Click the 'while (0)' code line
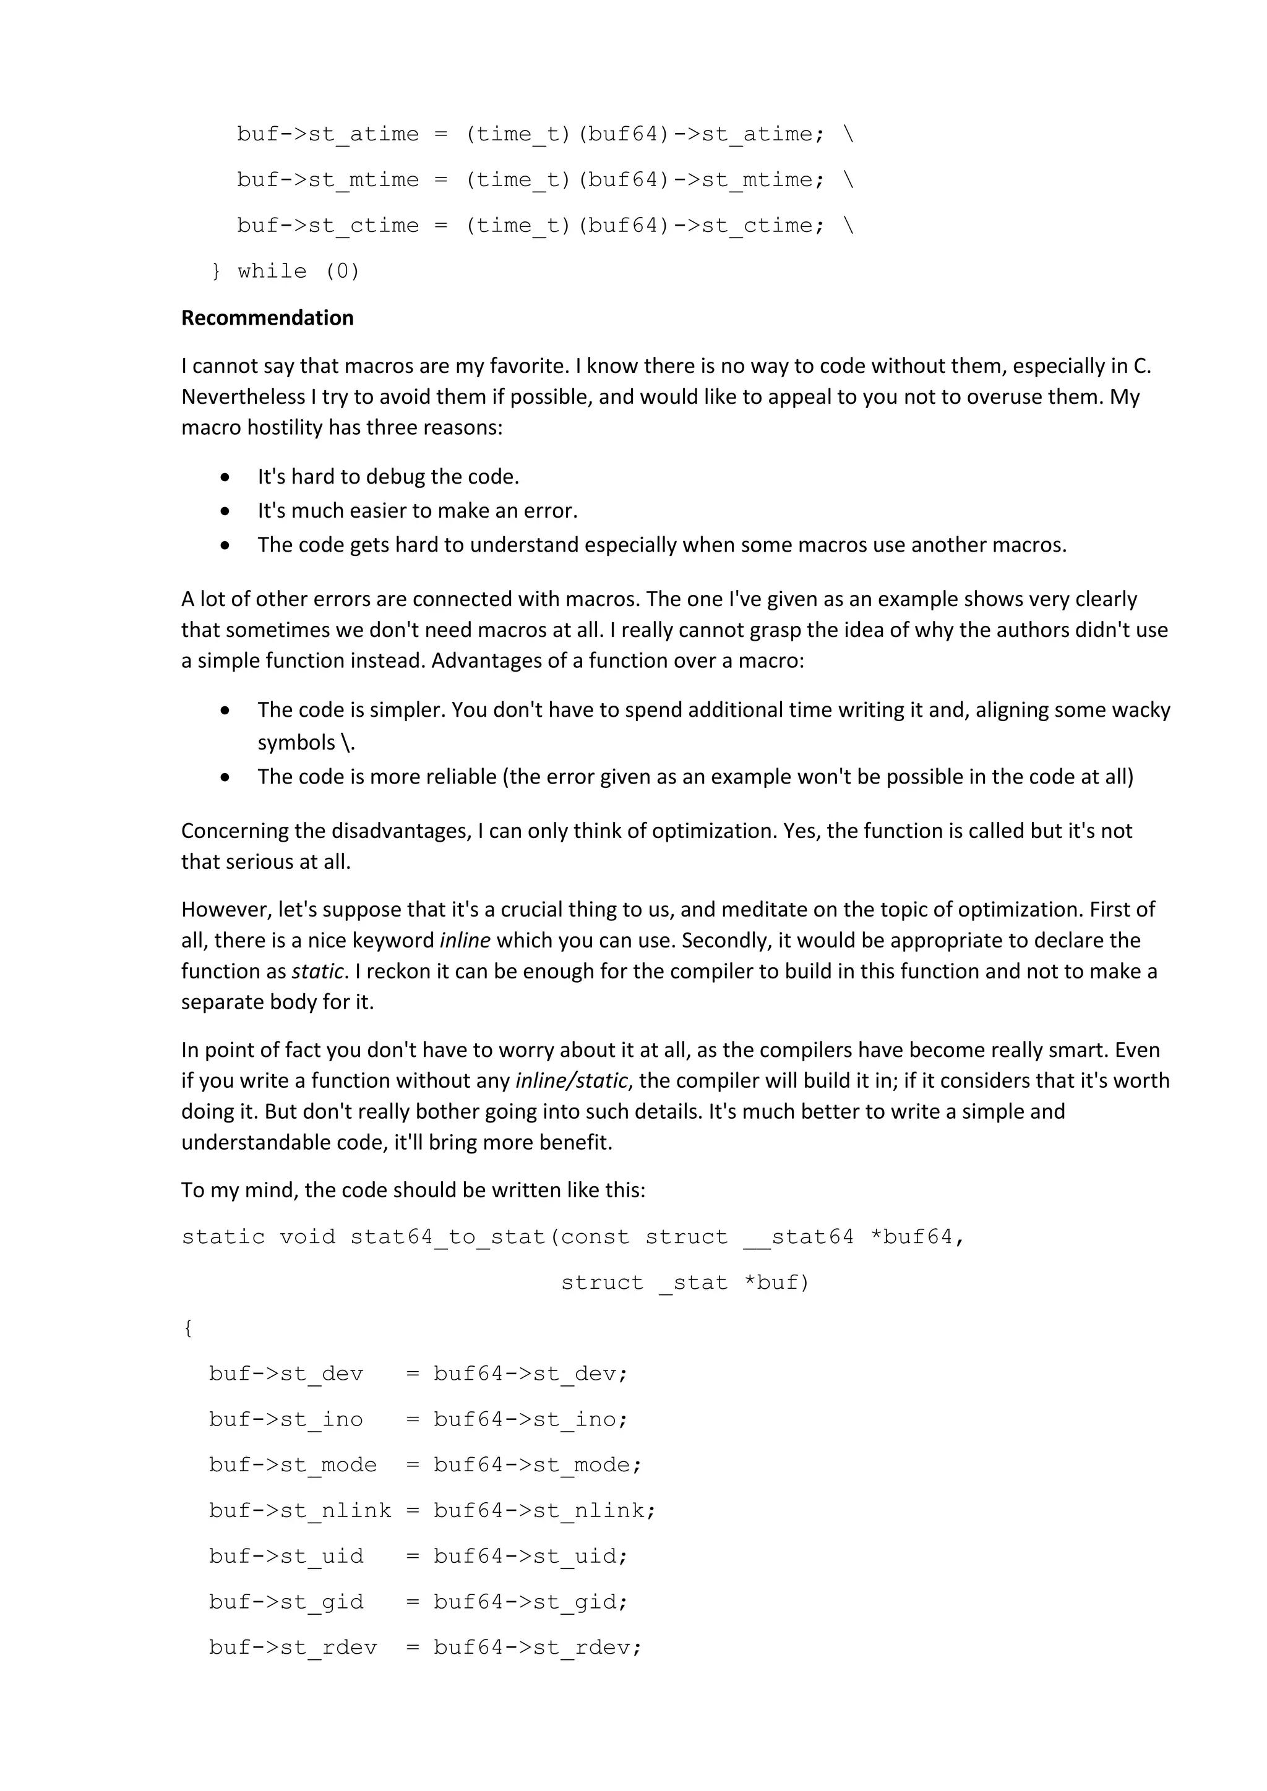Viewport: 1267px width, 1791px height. [x=286, y=271]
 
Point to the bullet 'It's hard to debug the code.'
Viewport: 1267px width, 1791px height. [x=388, y=477]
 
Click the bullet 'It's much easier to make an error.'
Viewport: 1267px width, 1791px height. [x=418, y=511]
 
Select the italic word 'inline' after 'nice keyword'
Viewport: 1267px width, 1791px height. [x=465, y=940]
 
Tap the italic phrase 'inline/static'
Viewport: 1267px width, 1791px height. [x=572, y=1080]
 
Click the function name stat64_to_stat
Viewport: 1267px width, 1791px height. [x=447, y=1237]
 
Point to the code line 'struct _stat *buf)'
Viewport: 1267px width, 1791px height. [x=685, y=1283]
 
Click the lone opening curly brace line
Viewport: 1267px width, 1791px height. [x=188, y=1328]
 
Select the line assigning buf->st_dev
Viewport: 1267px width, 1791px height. [x=418, y=1374]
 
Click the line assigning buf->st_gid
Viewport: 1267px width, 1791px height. [x=418, y=1602]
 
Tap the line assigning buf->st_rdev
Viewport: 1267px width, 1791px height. [x=424, y=1648]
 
